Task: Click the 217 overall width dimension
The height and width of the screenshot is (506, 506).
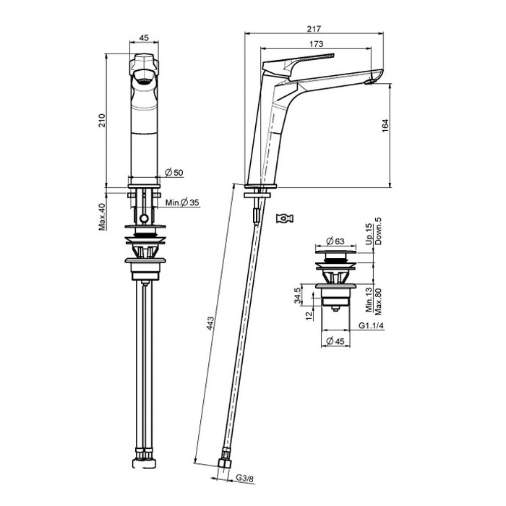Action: (314, 29)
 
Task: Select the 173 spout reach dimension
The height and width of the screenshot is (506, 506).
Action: (316, 44)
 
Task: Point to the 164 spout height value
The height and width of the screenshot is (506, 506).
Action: (385, 126)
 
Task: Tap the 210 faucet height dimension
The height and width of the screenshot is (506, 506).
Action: (102, 121)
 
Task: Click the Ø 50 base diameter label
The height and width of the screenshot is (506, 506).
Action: (174, 173)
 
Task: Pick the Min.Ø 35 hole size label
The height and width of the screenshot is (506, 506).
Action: (182, 202)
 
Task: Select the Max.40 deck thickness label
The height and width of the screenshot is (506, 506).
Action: (102, 217)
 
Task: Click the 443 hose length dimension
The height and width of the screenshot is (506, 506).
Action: (210, 324)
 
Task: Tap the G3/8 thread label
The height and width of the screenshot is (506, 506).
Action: (244, 478)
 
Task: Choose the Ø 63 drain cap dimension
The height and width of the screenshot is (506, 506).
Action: (335, 241)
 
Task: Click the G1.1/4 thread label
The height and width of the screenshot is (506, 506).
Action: (371, 325)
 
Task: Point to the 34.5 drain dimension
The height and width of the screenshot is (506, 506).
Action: (298, 296)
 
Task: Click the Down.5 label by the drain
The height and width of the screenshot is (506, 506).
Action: (378, 231)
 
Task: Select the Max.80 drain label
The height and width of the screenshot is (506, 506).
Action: (378, 301)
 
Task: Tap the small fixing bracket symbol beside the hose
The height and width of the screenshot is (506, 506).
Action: (285, 218)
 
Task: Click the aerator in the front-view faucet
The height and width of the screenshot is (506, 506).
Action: (144, 77)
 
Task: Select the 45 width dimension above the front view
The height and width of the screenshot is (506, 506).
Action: (144, 38)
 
